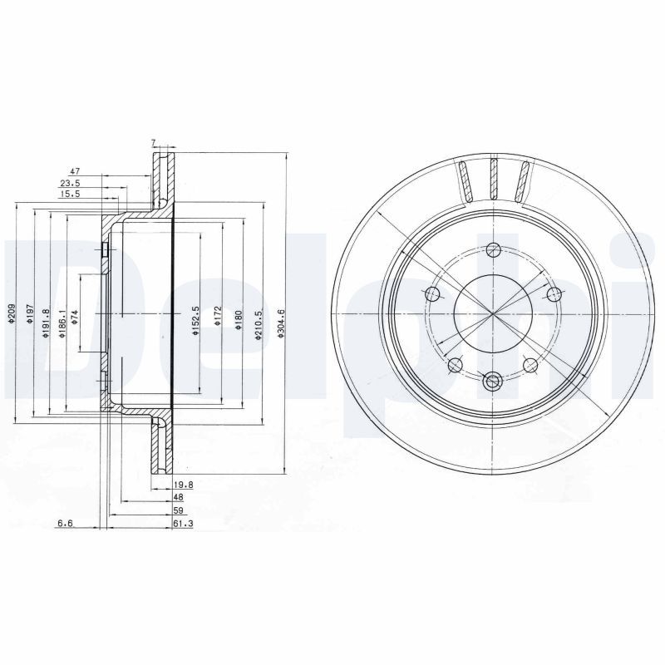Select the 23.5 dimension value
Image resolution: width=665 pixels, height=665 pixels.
pos(71,184)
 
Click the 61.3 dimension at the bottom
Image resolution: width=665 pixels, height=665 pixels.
pos(182,523)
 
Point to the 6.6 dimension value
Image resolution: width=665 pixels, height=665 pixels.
pos(66,523)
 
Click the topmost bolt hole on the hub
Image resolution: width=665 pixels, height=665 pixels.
pos(494,249)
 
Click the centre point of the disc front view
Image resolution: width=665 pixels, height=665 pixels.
pos(494,315)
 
